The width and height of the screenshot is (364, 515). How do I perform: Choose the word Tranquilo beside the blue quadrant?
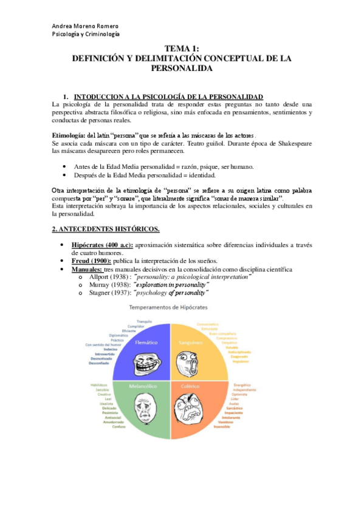coord(144,321)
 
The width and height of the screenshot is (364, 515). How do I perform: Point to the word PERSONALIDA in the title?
coord(182,69)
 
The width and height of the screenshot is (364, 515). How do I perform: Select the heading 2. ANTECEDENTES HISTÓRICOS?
coord(106,228)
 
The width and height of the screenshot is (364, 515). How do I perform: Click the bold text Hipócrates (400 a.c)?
coord(101,244)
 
